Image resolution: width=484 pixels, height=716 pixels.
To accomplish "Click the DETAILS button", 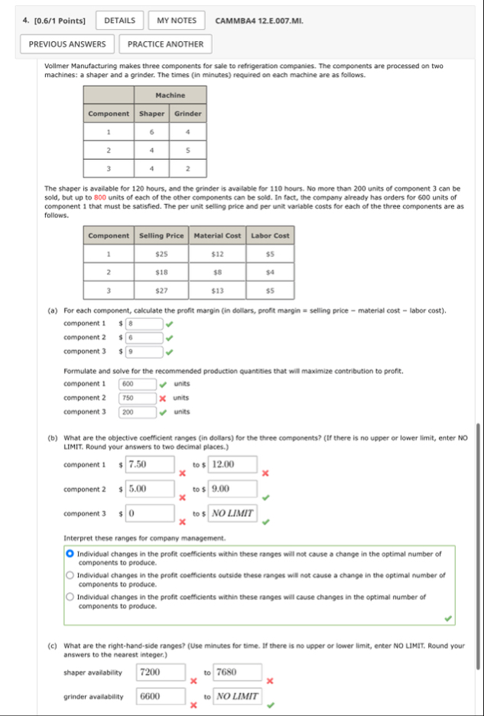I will click(x=119, y=21).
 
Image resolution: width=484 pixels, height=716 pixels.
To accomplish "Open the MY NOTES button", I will click(x=177, y=21).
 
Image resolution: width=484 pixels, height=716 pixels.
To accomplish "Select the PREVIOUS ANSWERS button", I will click(x=67, y=44).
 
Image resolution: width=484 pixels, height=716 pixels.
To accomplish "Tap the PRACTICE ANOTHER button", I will click(x=165, y=44).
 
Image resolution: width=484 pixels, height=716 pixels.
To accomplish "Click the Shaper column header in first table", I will click(x=152, y=114).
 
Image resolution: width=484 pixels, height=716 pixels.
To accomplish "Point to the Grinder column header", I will click(x=188, y=114).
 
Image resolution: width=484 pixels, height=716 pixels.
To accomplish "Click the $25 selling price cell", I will click(x=161, y=253).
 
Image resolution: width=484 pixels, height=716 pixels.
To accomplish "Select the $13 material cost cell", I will click(x=217, y=291).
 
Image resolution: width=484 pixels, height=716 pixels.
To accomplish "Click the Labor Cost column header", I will click(x=271, y=236).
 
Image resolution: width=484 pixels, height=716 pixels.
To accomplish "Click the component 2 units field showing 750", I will click(x=138, y=398).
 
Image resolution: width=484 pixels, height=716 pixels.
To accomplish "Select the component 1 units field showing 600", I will click(x=138, y=384).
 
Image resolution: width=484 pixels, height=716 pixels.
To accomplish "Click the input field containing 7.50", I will click(x=150, y=464).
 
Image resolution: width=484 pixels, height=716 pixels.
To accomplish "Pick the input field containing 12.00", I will click(x=233, y=464).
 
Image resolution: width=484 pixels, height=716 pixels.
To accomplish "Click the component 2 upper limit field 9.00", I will click(x=233, y=489).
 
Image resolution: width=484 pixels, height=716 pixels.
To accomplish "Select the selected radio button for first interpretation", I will click(x=70, y=553).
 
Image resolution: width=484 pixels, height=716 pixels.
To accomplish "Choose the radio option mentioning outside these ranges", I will click(x=70, y=574).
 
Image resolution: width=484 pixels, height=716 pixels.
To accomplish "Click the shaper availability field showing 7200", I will click(x=161, y=672).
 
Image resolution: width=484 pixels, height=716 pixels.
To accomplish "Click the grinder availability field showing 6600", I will click(x=161, y=696).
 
